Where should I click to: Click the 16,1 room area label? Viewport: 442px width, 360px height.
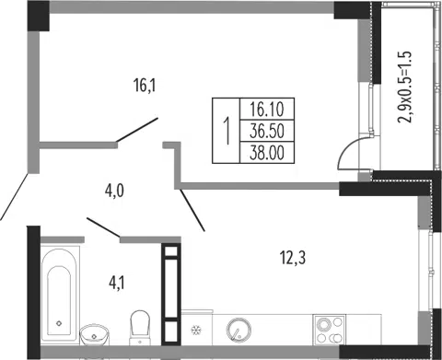coord(145,86)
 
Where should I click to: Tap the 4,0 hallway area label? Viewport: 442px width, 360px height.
coord(114,191)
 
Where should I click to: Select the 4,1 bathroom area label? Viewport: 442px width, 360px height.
coord(117,283)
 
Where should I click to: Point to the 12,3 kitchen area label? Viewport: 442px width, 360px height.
coord(293,258)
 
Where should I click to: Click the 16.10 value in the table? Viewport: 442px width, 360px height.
coord(267,110)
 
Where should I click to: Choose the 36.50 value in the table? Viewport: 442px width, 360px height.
coord(267,131)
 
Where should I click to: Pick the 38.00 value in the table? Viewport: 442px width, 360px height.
coord(267,153)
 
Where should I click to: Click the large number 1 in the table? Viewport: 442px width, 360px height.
coord(227,131)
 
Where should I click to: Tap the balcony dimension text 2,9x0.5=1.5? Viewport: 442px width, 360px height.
coord(404,87)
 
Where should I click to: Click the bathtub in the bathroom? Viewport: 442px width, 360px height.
coord(59,294)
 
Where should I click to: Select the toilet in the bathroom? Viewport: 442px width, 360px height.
coord(140,327)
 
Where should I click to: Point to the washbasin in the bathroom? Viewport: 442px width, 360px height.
coord(94,334)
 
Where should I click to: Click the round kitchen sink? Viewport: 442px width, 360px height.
coord(238,330)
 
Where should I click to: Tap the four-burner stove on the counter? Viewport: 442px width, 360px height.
coord(329,330)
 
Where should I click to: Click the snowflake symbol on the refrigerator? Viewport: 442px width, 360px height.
coord(195,330)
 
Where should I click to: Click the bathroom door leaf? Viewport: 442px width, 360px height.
coord(103,227)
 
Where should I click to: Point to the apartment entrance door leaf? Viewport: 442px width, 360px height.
coord(15,197)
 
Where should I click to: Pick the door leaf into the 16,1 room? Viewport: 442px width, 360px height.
coord(137,130)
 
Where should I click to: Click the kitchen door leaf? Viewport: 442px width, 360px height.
coord(192,210)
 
